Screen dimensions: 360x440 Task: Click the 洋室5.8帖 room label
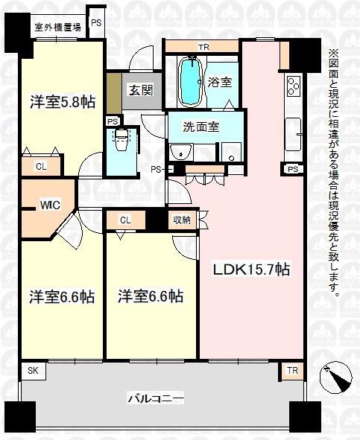pos(63,102)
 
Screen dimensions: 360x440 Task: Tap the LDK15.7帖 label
pos(251,270)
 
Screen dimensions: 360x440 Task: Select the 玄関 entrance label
pos(141,90)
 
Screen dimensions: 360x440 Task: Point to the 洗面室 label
pos(201,127)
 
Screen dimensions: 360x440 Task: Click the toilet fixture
pos(121,139)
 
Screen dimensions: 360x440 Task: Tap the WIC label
pos(50,205)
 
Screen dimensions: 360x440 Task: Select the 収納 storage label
pos(182,220)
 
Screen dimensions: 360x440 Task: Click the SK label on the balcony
pos(33,371)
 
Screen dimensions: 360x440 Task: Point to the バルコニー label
pos(156,398)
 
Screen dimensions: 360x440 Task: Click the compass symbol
pos(336,377)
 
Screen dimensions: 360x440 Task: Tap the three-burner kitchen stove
pos(294,86)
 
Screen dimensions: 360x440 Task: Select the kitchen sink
pos(293,135)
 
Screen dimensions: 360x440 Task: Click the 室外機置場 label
pos(57,28)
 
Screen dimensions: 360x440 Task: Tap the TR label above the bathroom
pos(204,47)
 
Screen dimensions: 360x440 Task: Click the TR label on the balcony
pos(292,371)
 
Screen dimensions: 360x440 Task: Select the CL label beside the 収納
pos(125,220)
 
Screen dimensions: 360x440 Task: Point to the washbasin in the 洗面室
pos(181,152)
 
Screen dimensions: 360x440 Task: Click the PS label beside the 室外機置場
pos(96,23)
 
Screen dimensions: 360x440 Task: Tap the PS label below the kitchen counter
pos(293,169)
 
